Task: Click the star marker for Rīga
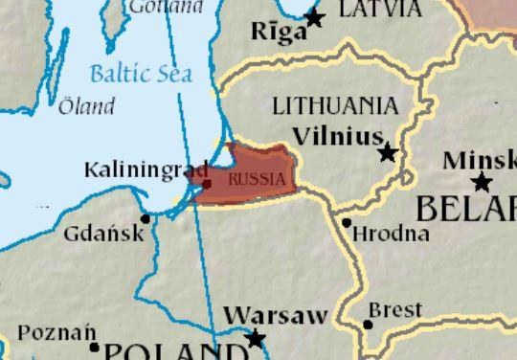pos(314,16)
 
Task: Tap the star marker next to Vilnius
pos(388,152)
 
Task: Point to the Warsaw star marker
pos(256,338)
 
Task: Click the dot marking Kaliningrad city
pos(207,183)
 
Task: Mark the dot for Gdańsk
pos(146,218)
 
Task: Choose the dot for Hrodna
pos(347,222)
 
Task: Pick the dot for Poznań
pos(94,347)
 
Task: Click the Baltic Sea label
pos(140,73)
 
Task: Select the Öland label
pos(86,106)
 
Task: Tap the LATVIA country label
pos(379,10)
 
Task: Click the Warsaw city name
pos(276,315)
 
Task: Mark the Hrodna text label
pos(378,234)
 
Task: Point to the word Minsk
pos(480,160)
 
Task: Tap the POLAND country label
pos(172,350)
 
